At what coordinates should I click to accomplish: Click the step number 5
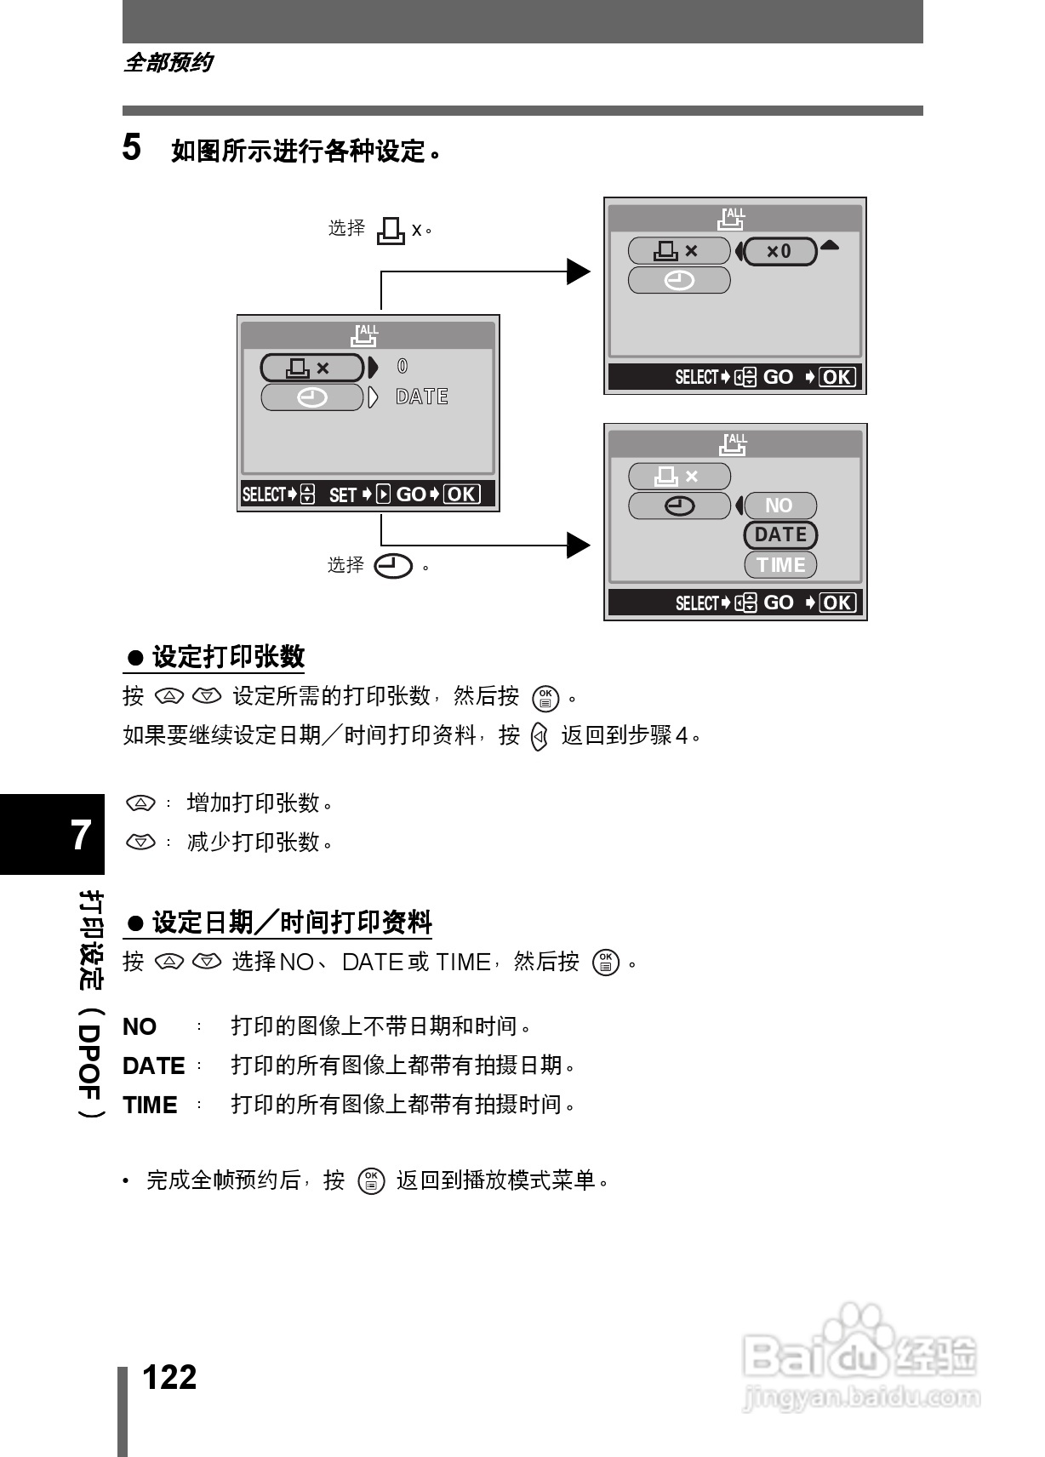[x=132, y=148]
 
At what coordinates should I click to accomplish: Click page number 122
[x=169, y=1376]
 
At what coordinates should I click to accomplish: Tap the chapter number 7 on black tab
[x=81, y=835]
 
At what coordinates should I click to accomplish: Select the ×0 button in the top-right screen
[x=780, y=251]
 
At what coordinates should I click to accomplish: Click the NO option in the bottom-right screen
[x=779, y=506]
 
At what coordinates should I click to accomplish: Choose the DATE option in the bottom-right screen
[x=780, y=535]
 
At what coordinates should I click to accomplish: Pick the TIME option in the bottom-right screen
[x=780, y=565]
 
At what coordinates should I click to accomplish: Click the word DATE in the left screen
[x=422, y=397]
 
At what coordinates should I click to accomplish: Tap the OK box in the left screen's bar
[x=462, y=494]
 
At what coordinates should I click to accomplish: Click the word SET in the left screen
[x=342, y=495]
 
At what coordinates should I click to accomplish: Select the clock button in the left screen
[x=312, y=397]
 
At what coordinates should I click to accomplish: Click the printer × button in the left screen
[x=311, y=368]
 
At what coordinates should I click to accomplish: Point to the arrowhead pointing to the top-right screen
[x=579, y=272]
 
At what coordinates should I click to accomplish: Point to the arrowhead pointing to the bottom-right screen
[x=579, y=546]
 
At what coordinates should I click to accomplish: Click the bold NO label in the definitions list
[x=140, y=1027]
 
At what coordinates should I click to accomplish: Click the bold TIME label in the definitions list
[x=150, y=1106]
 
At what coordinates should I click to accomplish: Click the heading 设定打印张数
[x=227, y=657]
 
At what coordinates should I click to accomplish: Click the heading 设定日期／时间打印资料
[x=291, y=923]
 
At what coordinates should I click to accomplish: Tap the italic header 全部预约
[x=168, y=63]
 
